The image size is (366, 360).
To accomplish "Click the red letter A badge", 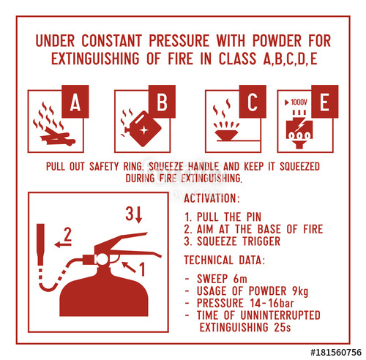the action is (x=75, y=102).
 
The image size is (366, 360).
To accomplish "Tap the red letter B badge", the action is (x=162, y=102).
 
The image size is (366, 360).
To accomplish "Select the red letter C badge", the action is (x=253, y=102).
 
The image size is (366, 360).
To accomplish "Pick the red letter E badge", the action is (x=325, y=102).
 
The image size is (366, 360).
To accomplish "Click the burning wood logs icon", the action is (x=54, y=124).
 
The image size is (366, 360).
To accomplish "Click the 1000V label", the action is (x=296, y=102).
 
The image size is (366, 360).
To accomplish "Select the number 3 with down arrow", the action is (x=134, y=214).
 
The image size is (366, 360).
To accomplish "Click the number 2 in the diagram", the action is (x=67, y=234).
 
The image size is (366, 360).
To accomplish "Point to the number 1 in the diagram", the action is (x=142, y=269).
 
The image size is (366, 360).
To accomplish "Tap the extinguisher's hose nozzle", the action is (x=40, y=244).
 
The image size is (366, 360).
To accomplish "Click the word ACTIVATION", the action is (x=210, y=198).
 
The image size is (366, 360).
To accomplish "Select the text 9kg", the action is (x=300, y=291).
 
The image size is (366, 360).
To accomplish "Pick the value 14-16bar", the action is (x=272, y=303).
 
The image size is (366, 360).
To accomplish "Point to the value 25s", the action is (x=283, y=327).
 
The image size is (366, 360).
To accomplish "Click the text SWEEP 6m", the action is (x=222, y=279).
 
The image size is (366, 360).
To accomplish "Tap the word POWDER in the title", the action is (x=277, y=40).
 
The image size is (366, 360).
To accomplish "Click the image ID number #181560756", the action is (x=336, y=353).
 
